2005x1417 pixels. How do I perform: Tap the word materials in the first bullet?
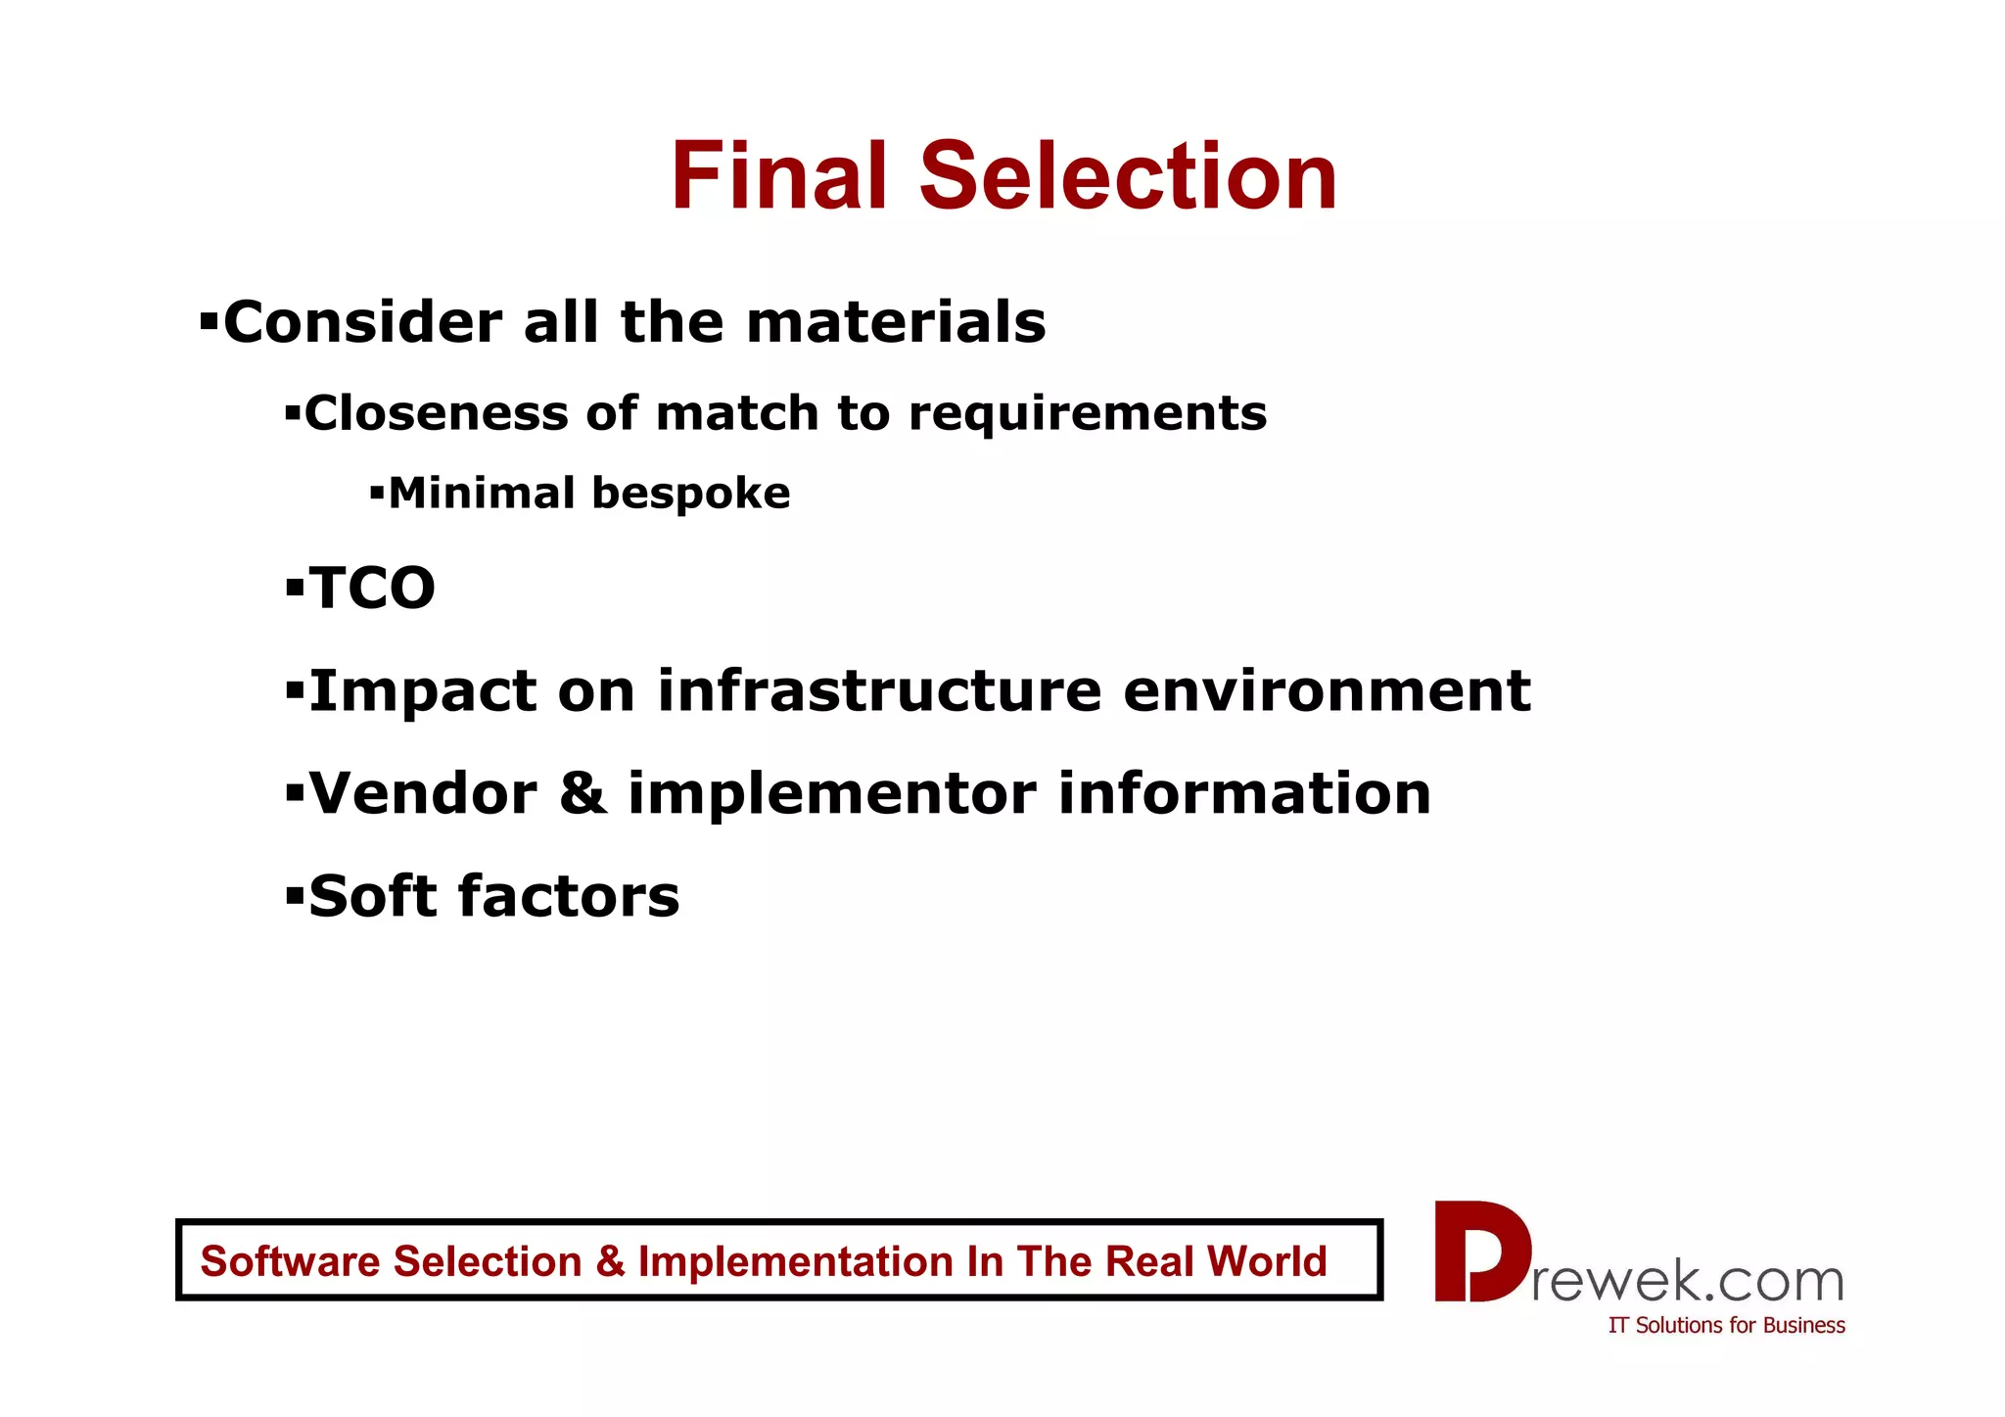[896, 322]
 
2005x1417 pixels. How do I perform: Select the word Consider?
[363, 322]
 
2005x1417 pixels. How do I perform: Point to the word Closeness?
[436, 413]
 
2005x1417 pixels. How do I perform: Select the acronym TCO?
[372, 589]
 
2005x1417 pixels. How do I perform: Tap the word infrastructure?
[878, 691]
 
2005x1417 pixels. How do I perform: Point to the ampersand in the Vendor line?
[583, 793]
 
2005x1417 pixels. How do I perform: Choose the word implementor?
[831, 794]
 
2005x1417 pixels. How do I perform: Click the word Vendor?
[423, 793]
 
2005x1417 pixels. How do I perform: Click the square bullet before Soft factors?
[295, 895]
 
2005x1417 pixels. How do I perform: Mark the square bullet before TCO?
[295, 589]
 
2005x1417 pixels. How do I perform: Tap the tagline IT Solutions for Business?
[1726, 1326]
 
